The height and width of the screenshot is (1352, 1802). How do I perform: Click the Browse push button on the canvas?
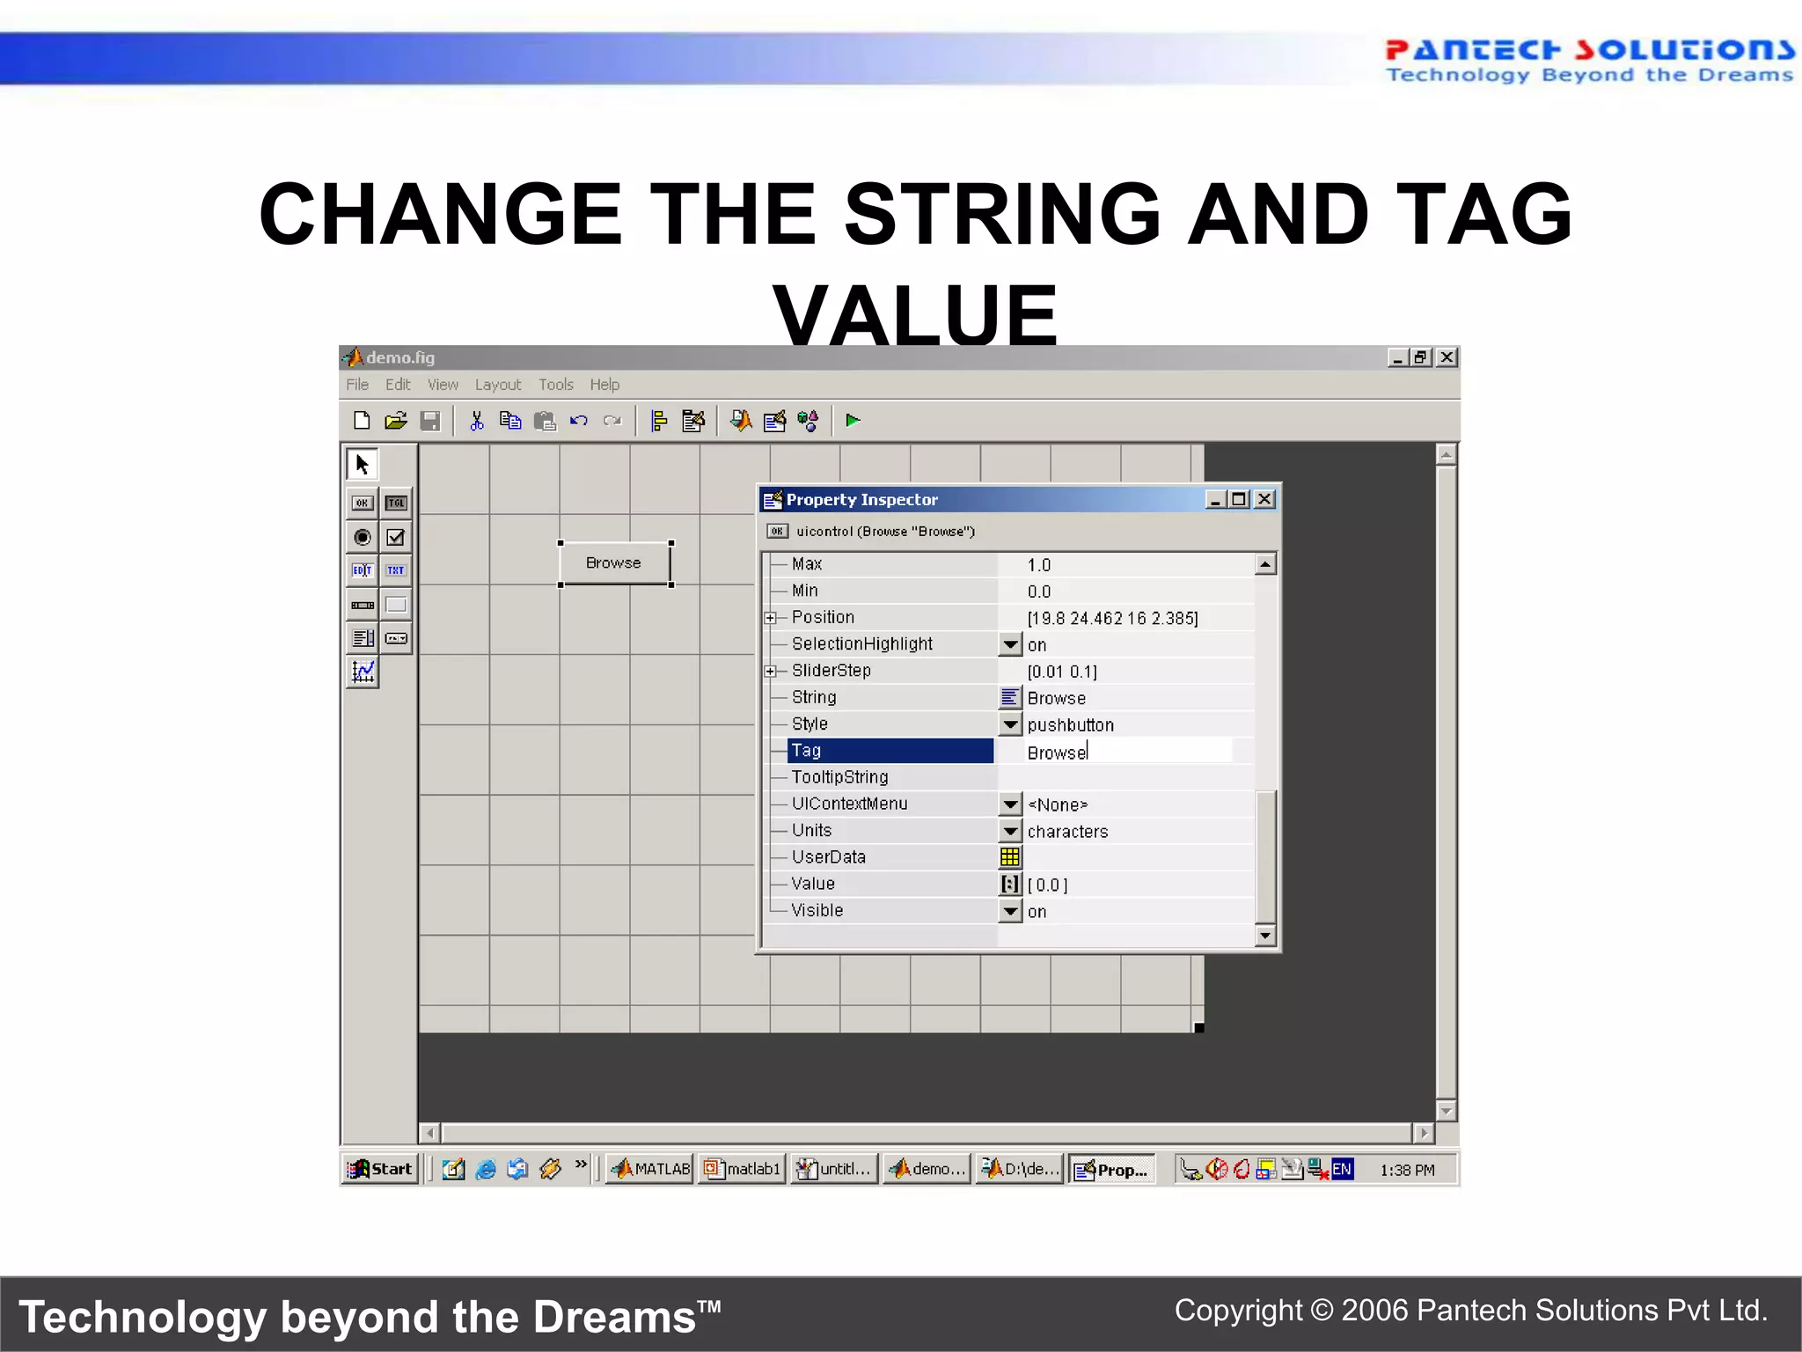point(614,563)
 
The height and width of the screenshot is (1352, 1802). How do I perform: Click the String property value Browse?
point(1057,698)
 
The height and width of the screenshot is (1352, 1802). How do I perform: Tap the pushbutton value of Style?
point(1070,725)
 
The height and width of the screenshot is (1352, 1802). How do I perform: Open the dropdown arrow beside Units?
point(1010,831)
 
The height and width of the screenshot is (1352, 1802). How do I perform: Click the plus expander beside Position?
point(771,618)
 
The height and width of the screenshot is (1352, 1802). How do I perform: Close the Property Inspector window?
point(1264,499)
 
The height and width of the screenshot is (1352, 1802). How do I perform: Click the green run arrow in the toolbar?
point(852,421)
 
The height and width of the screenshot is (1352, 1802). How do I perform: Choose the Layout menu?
point(497,385)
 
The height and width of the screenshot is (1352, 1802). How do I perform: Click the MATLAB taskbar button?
point(650,1169)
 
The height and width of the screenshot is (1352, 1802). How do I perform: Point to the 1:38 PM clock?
point(1406,1170)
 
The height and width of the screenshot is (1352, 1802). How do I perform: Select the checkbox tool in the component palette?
point(396,537)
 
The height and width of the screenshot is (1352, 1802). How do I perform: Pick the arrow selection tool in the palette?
point(362,464)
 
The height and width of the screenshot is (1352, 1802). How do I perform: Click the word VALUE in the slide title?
point(915,315)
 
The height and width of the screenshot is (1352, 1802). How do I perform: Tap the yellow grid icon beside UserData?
point(1010,857)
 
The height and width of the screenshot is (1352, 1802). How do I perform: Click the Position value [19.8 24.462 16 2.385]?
point(1112,618)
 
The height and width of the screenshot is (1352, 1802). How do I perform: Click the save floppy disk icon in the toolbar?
point(430,421)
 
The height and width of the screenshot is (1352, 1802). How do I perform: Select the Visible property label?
point(817,910)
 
